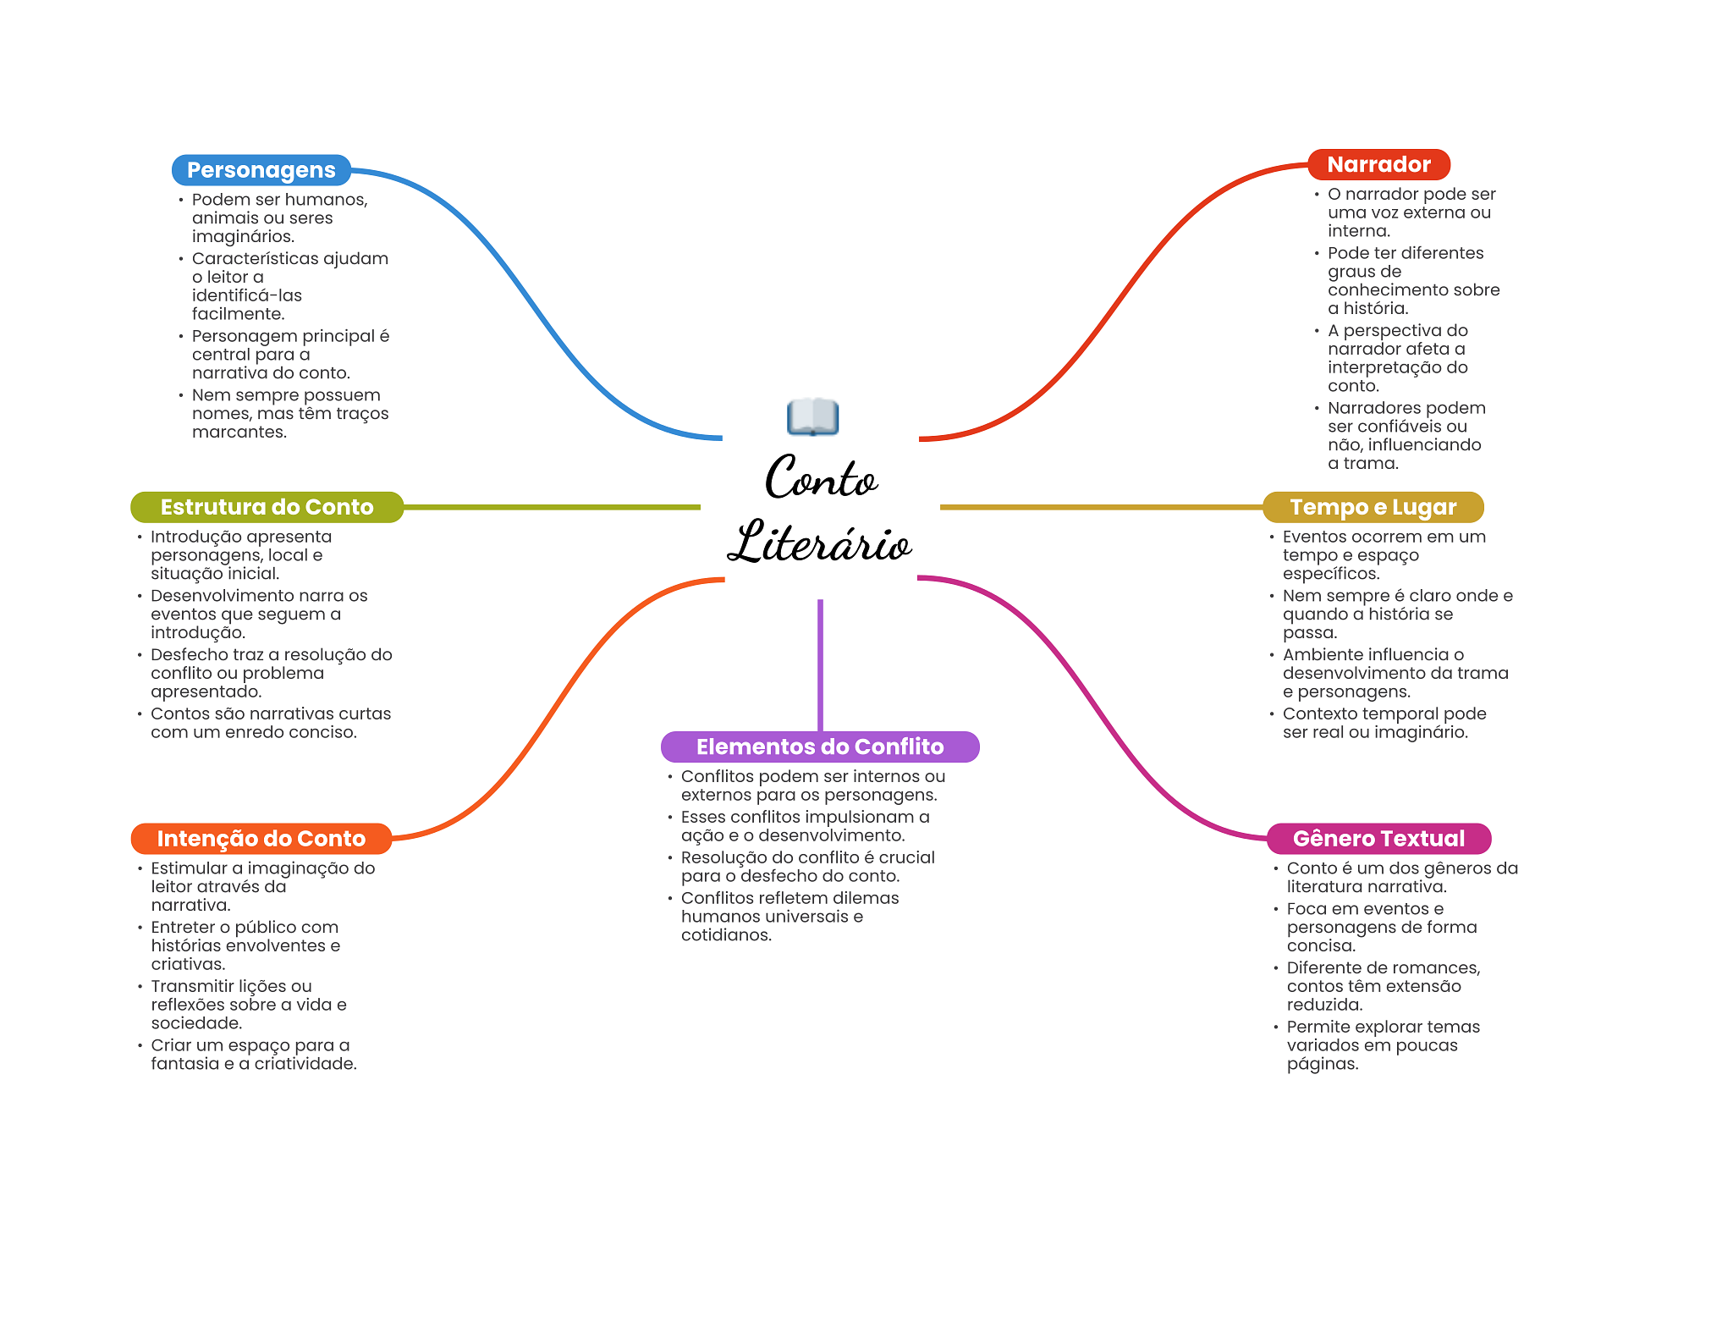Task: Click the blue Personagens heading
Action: (x=261, y=170)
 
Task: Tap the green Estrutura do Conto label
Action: (x=267, y=507)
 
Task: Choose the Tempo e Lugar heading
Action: (x=1373, y=507)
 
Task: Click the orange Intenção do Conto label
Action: (x=261, y=839)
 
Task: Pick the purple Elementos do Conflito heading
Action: (x=819, y=747)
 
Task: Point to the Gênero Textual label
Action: (x=1378, y=839)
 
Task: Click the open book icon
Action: (x=812, y=416)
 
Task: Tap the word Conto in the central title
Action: (x=821, y=478)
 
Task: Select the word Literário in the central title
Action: (x=819, y=543)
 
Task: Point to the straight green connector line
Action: (x=550, y=507)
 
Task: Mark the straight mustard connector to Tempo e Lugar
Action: (x=1100, y=507)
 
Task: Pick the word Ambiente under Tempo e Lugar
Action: (x=1323, y=655)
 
